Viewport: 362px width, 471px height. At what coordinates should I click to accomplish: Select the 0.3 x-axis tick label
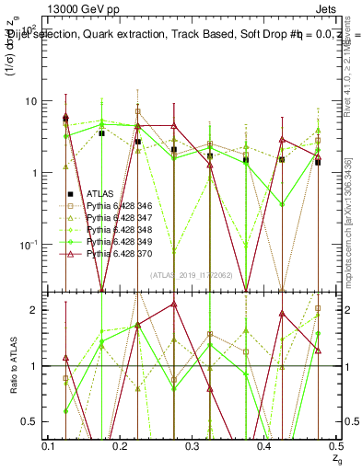[193, 445]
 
